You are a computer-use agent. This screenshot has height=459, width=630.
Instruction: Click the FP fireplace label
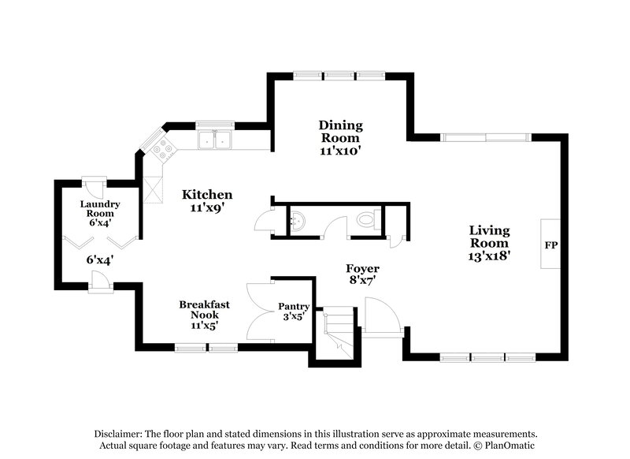coord(550,245)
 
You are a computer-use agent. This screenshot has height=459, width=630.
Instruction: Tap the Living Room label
coord(489,242)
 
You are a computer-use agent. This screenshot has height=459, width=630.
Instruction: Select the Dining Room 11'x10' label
coord(340,138)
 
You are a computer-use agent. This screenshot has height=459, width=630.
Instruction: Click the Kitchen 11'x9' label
coord(207,201)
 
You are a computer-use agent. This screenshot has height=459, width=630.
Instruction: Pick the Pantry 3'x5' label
coord(294,312)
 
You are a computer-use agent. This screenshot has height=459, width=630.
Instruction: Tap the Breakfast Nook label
coord(204,314)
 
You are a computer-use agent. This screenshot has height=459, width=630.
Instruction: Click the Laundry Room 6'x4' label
coord(98,213)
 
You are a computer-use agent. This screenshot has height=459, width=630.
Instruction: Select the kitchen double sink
coord(214,140)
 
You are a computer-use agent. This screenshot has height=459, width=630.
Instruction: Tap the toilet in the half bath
coord(366,221)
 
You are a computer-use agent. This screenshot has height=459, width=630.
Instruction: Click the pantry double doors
coord(259,312)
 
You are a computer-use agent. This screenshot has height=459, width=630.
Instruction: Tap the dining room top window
coord(339,76)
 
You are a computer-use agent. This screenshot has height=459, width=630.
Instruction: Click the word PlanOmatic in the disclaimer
coord(509,446)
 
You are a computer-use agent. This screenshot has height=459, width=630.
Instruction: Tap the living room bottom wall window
coord(484,356)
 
